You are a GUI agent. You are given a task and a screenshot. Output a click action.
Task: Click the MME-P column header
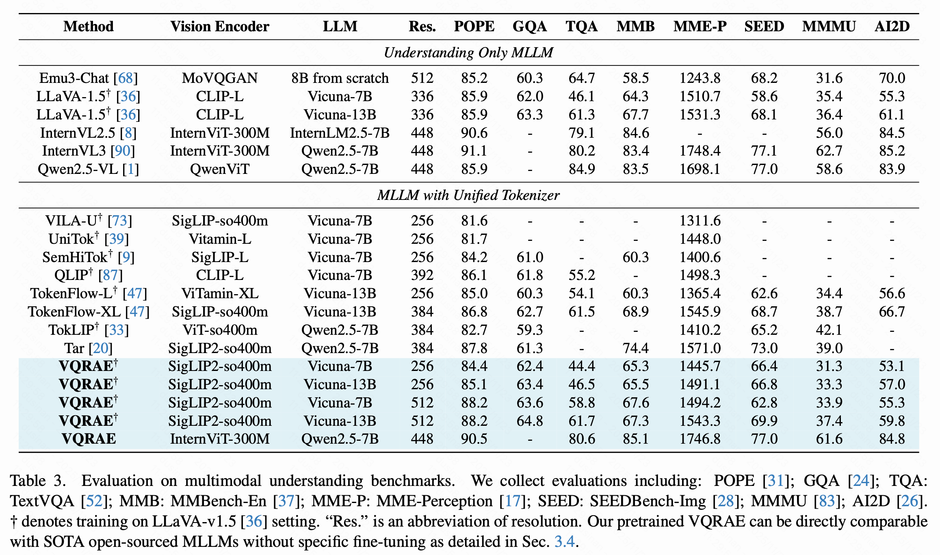point(700,26)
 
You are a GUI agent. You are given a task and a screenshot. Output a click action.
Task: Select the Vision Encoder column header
point(220,26)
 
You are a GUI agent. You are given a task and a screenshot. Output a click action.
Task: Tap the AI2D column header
point(892,26)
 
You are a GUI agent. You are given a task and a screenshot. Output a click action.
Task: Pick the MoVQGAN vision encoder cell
point(220,78)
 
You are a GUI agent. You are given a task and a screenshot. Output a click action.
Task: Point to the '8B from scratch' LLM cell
point(340,78)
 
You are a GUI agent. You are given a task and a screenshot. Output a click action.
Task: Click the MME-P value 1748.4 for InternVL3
point(700,151)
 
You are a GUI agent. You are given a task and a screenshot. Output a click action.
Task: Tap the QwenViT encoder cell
point(220,169)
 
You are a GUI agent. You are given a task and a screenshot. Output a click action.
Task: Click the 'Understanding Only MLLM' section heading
point(468,53)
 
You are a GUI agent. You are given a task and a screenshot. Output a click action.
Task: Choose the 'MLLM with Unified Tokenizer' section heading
point(468,195)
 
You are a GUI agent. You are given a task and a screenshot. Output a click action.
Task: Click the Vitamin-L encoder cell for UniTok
point(220,239)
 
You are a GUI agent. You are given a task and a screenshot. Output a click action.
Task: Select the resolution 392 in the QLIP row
point(422,275)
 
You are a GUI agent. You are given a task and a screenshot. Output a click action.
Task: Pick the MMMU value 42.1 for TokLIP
point(829,330)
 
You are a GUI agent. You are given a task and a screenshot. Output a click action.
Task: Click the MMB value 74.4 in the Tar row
point(635,348)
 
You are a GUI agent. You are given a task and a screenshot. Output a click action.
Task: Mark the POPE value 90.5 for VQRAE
point(474,439)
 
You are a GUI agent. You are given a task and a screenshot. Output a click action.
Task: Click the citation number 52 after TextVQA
point(94,501)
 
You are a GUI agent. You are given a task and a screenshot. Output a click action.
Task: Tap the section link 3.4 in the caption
point(564,542)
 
